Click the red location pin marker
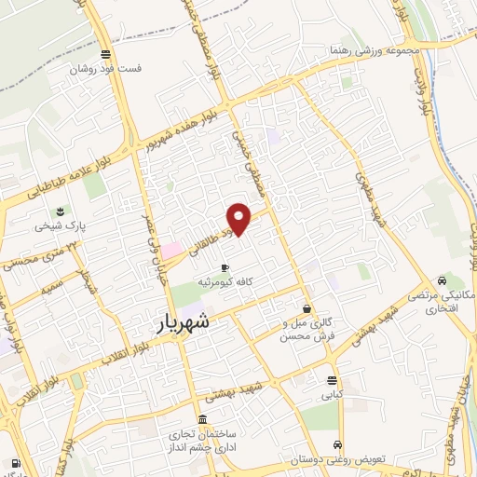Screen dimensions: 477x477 tap(240, 218)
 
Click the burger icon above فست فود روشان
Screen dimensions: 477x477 tap(104, 54)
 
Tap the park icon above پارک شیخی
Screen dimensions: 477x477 tap(60, 211)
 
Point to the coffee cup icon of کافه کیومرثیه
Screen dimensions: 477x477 tap(224, 267)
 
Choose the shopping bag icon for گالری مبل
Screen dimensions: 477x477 tap(307, 308)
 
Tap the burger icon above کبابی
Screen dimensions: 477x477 tap(333, 380)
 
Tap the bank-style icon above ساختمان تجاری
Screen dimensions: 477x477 tap(203, 419)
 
